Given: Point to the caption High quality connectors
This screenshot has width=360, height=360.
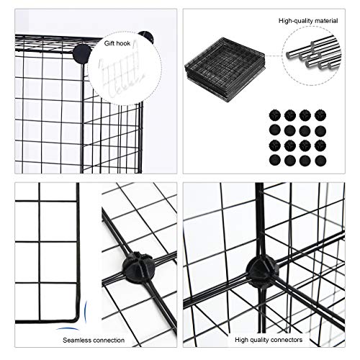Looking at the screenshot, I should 269,340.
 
